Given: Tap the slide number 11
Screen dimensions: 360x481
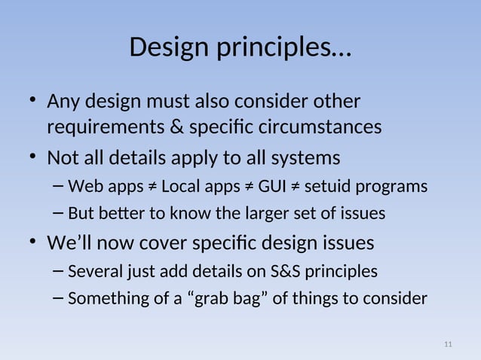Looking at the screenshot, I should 448,344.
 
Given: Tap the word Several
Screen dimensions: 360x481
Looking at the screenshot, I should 93,270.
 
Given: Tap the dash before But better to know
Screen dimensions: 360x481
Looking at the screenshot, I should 59,214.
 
